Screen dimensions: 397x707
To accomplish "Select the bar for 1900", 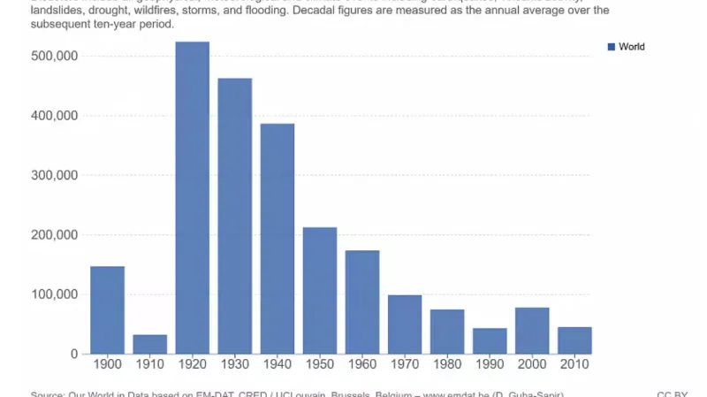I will coord(107,309).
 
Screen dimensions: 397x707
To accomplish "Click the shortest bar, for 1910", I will coord(149,344).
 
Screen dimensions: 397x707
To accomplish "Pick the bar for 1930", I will coord(234,216).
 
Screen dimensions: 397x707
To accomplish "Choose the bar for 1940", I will coord(277,239).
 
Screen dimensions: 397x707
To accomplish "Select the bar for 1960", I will coord(362,302).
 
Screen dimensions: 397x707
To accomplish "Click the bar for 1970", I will coord(405,324).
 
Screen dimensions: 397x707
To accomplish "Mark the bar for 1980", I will coord(447,332).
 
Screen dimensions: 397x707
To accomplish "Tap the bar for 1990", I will coord(490,340).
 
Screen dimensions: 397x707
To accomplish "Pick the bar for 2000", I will coord(532,331).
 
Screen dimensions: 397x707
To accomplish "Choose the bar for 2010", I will coord(574,340).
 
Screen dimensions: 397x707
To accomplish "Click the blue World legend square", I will coord(611,47).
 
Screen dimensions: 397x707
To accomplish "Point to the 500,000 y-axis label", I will coord(55,56).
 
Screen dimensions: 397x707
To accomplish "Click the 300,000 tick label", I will coord(55,175).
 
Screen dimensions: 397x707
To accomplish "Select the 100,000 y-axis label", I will coord(55,294).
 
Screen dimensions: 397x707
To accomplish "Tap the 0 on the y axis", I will coord(74,354).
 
